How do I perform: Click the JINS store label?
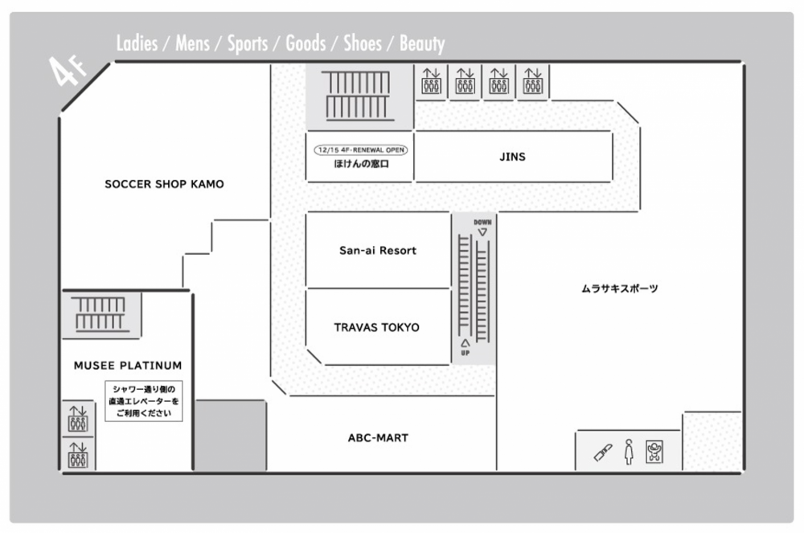(x=512, y=157)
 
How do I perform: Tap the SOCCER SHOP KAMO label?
(x=164, y=184)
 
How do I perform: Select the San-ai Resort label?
(x=378, y=251)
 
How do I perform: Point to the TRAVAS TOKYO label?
(x=377, y=327)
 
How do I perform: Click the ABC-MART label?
(x=378, y=438)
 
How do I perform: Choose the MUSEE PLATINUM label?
(x=128, y=366)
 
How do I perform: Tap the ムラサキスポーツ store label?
(x=619, y=289)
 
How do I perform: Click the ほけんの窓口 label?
(x=361, y=164)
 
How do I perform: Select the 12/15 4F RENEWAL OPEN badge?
(x=361, y=150)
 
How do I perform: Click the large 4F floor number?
(x=67, y=71)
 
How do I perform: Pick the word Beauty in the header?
(x=422, y=43)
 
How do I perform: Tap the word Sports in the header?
(x=248, y=43)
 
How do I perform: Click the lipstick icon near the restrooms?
(x=603, y=453)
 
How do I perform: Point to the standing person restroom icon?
(x=630, y=452)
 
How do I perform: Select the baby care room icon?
(x=654, y=452)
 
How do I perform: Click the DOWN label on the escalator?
(x=482, y=223)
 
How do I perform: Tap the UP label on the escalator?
(x=465, y=353)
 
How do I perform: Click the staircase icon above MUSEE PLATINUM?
(x=100, y=314)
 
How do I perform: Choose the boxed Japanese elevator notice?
(x=144, y=401)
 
